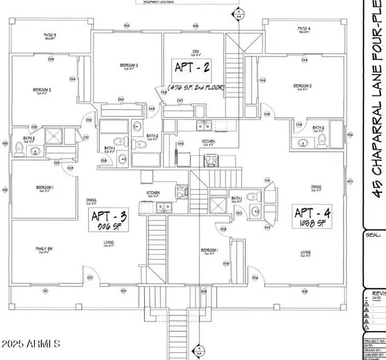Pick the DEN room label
[x=194, y=51]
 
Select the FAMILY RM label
[x=44, y=249]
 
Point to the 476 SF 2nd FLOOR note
[x=194, y=86]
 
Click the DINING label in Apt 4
[x=315, y=188]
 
